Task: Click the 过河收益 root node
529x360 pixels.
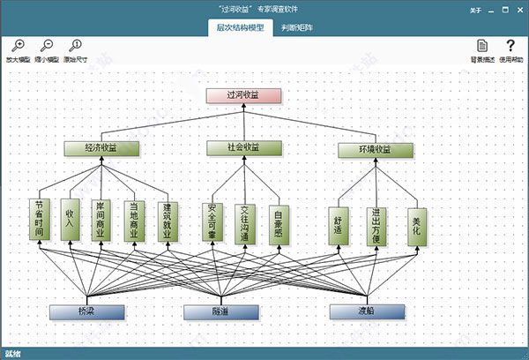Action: pos(242,95)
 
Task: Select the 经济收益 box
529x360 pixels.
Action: pos(101,148)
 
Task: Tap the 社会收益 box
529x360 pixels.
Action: pos(244,147)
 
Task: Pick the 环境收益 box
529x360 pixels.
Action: pos(376,149)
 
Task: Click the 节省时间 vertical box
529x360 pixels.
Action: pos(38,221)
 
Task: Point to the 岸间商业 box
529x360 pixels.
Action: pos(101,221)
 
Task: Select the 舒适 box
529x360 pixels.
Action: pos(339,226)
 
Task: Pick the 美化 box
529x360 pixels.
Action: pos(416,226)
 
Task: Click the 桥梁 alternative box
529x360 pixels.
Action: pos(86,312)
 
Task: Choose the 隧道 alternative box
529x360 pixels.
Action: pos(221,312)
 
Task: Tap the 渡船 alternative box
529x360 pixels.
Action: pos(367,312)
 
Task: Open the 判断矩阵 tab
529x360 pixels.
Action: pos(296,27)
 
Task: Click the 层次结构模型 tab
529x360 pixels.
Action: pos(240,27)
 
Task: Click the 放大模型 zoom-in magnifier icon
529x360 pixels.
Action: pos(18,46)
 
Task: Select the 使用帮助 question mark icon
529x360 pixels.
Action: pos(510,46)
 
